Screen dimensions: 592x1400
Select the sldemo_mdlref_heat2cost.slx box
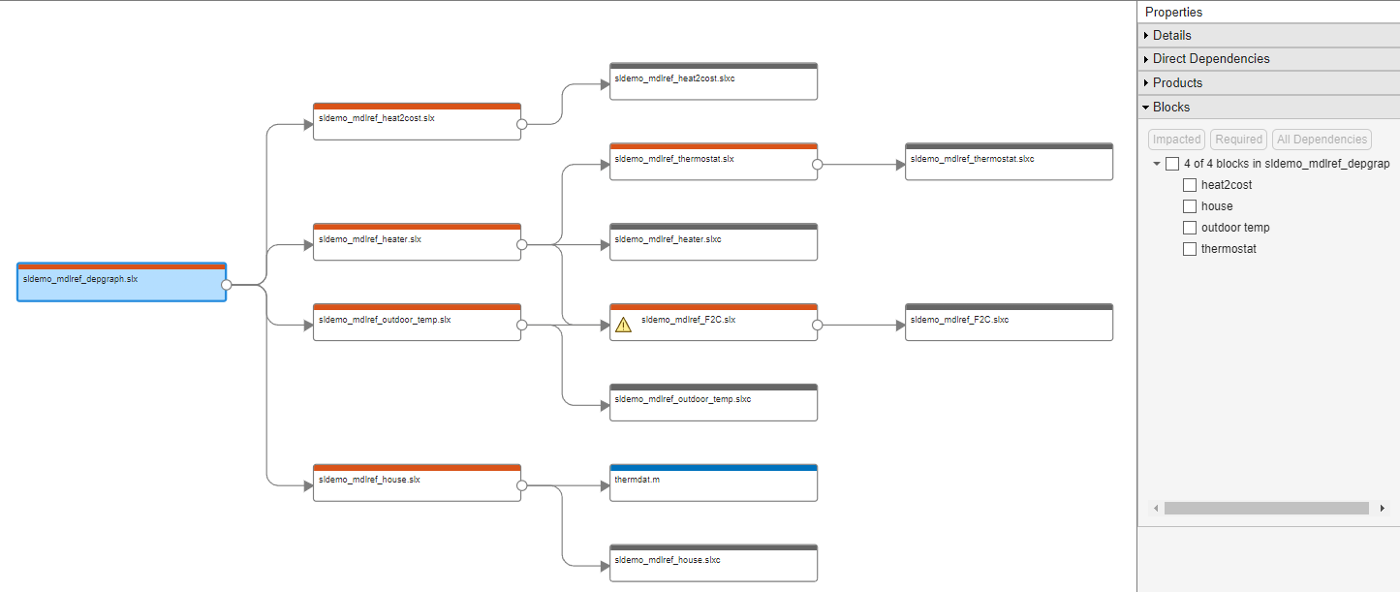[x=417, y=122]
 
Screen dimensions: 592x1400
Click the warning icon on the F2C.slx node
[x=623, y=326]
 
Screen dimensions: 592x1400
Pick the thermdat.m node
[x=713, y=483]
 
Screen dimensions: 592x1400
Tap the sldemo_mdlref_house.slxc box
[x=713, y=564]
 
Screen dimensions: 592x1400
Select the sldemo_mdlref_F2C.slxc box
[x=1009, y=323]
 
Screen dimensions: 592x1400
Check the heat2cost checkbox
[x=1190, y=185]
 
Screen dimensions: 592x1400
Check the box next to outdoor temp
[x=1190, y=228]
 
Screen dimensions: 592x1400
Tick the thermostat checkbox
[x=1190, y=249]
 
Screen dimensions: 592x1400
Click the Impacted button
[x=1177, y=140]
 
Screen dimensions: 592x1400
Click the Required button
[x=1238, y=140]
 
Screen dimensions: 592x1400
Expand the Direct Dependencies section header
[x=1211, y=59]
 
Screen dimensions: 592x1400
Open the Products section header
[x=1177, y=83]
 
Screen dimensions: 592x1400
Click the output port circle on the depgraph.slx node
[x=226, y=285]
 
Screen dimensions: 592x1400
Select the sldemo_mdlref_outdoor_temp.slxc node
[x=713, y=403]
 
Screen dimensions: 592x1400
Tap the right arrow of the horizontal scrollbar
[x=1382, y=509]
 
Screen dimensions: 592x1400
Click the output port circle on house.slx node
[x=521, y=485]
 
